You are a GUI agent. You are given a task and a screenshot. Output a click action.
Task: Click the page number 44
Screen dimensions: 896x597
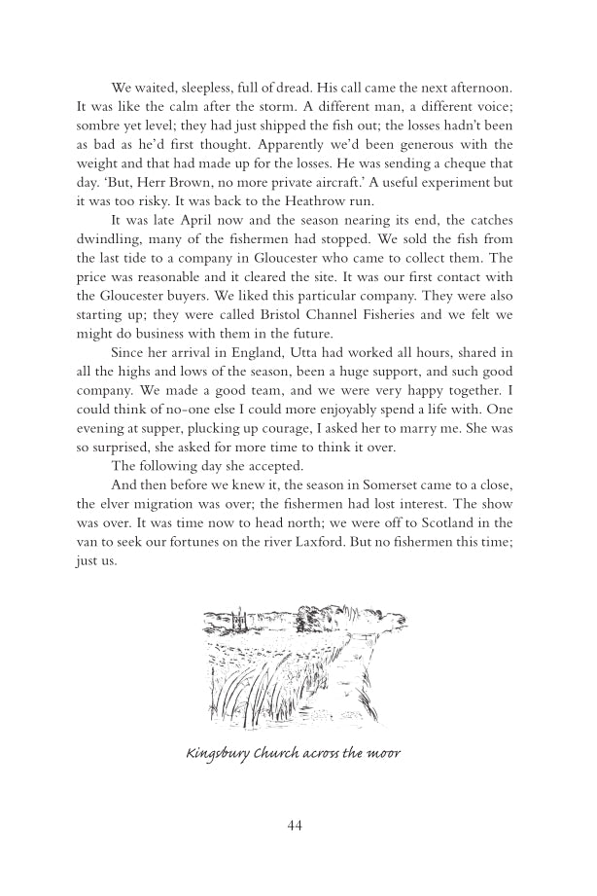(x=297, y=825)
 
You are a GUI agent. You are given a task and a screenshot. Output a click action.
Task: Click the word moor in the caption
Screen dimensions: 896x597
(x=386, y=754)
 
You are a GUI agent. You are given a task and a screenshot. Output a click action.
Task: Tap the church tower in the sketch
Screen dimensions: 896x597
(x=238, y=617)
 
